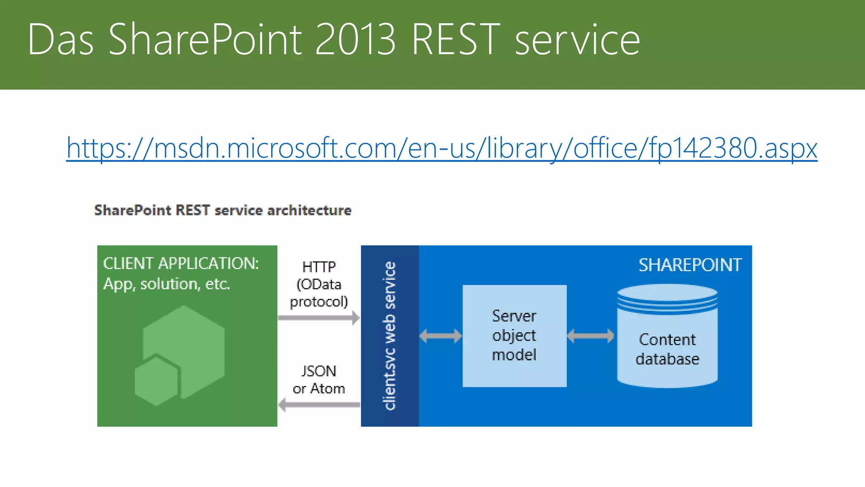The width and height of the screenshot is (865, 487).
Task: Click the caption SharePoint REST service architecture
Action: (223, 210)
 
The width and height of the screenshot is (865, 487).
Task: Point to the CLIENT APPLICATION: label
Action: (181, 263)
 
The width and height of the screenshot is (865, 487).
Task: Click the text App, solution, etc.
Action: (166, 284)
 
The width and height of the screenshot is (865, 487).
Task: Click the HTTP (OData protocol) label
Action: (319, 284)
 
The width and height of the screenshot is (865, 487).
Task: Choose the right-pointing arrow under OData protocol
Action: (319, 318)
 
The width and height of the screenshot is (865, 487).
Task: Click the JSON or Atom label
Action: (319, 380)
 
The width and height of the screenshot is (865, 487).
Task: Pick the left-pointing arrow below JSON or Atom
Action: (319, 405)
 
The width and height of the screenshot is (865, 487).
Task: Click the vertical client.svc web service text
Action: (389, 336)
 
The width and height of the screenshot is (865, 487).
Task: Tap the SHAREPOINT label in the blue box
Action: (690, 265)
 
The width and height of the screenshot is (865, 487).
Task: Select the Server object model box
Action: (514, 336)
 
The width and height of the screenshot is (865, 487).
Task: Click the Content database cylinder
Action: (667, 338)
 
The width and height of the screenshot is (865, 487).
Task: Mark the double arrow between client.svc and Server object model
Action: (441, 336)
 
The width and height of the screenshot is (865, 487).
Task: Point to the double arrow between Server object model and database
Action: (590, 336)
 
